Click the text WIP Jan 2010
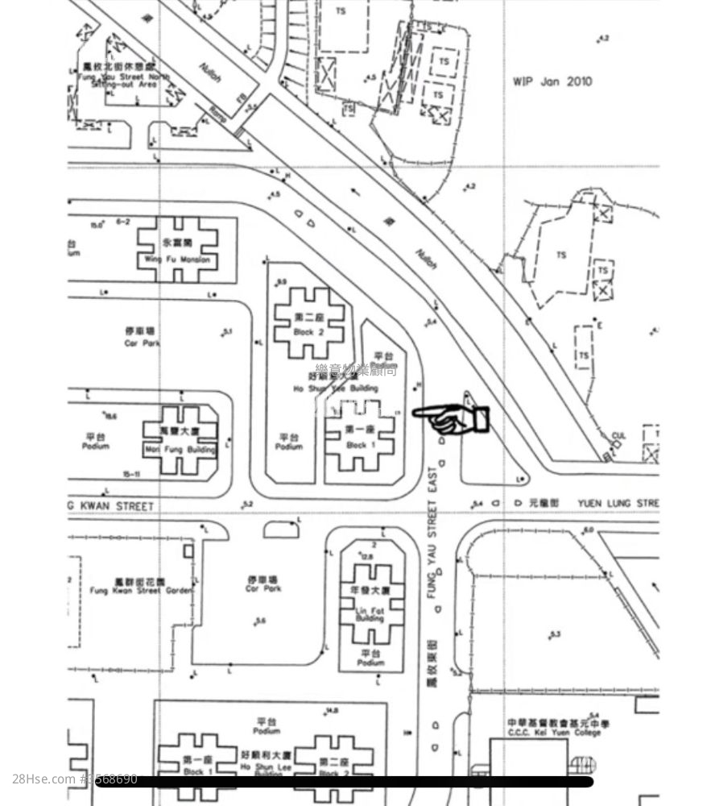tap(552, 81)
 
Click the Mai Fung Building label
tap(180, 450)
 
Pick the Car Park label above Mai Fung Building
tap(142, 343)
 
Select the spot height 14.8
tap(330, 711)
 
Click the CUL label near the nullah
tap(618, 436)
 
